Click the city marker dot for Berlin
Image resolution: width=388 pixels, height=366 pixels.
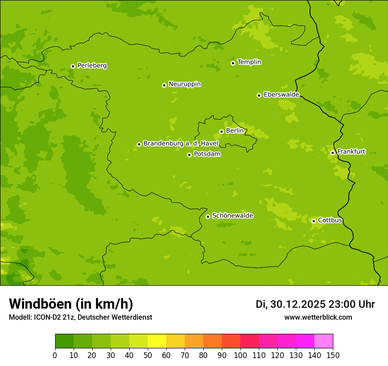[221, 131]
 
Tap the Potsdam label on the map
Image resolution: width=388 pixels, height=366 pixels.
[207, 154]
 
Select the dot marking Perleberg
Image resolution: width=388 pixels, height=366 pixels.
[73, 66]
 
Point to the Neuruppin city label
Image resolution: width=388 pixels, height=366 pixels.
[184, 84]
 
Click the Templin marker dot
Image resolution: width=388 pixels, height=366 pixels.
[233, 63]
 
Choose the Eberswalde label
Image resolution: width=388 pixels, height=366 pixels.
[281, 94]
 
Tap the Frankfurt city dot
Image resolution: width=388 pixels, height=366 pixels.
[332, 153]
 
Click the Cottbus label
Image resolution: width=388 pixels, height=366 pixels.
[330, 220]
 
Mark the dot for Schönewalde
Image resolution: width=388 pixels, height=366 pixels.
[208, 217]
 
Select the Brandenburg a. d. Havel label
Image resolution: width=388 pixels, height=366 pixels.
[181, 143]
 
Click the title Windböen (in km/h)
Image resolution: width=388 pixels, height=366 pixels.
[71, 304]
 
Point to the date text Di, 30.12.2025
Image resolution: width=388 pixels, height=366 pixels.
[291, 304]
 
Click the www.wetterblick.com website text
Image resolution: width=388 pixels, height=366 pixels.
[318, 317]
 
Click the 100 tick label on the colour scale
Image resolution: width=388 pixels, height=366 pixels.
[240, 355]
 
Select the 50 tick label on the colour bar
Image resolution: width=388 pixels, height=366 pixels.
[148, 355]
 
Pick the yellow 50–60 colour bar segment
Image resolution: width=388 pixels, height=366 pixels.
[157, 341]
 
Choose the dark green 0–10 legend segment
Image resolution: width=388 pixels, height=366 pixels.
[64, 341]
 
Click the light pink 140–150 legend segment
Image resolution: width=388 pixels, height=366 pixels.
[324, 341]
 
